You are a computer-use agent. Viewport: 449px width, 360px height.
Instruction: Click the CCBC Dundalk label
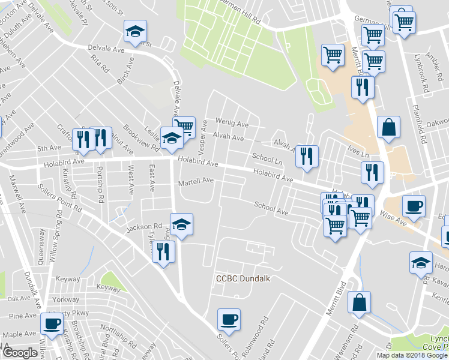coord(240,279)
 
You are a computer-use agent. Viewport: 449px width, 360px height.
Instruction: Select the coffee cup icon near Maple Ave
coord(52,325)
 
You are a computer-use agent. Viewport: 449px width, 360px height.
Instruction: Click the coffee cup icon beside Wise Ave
coord(413,206)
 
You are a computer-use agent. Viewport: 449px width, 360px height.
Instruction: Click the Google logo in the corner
coord(20,353)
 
